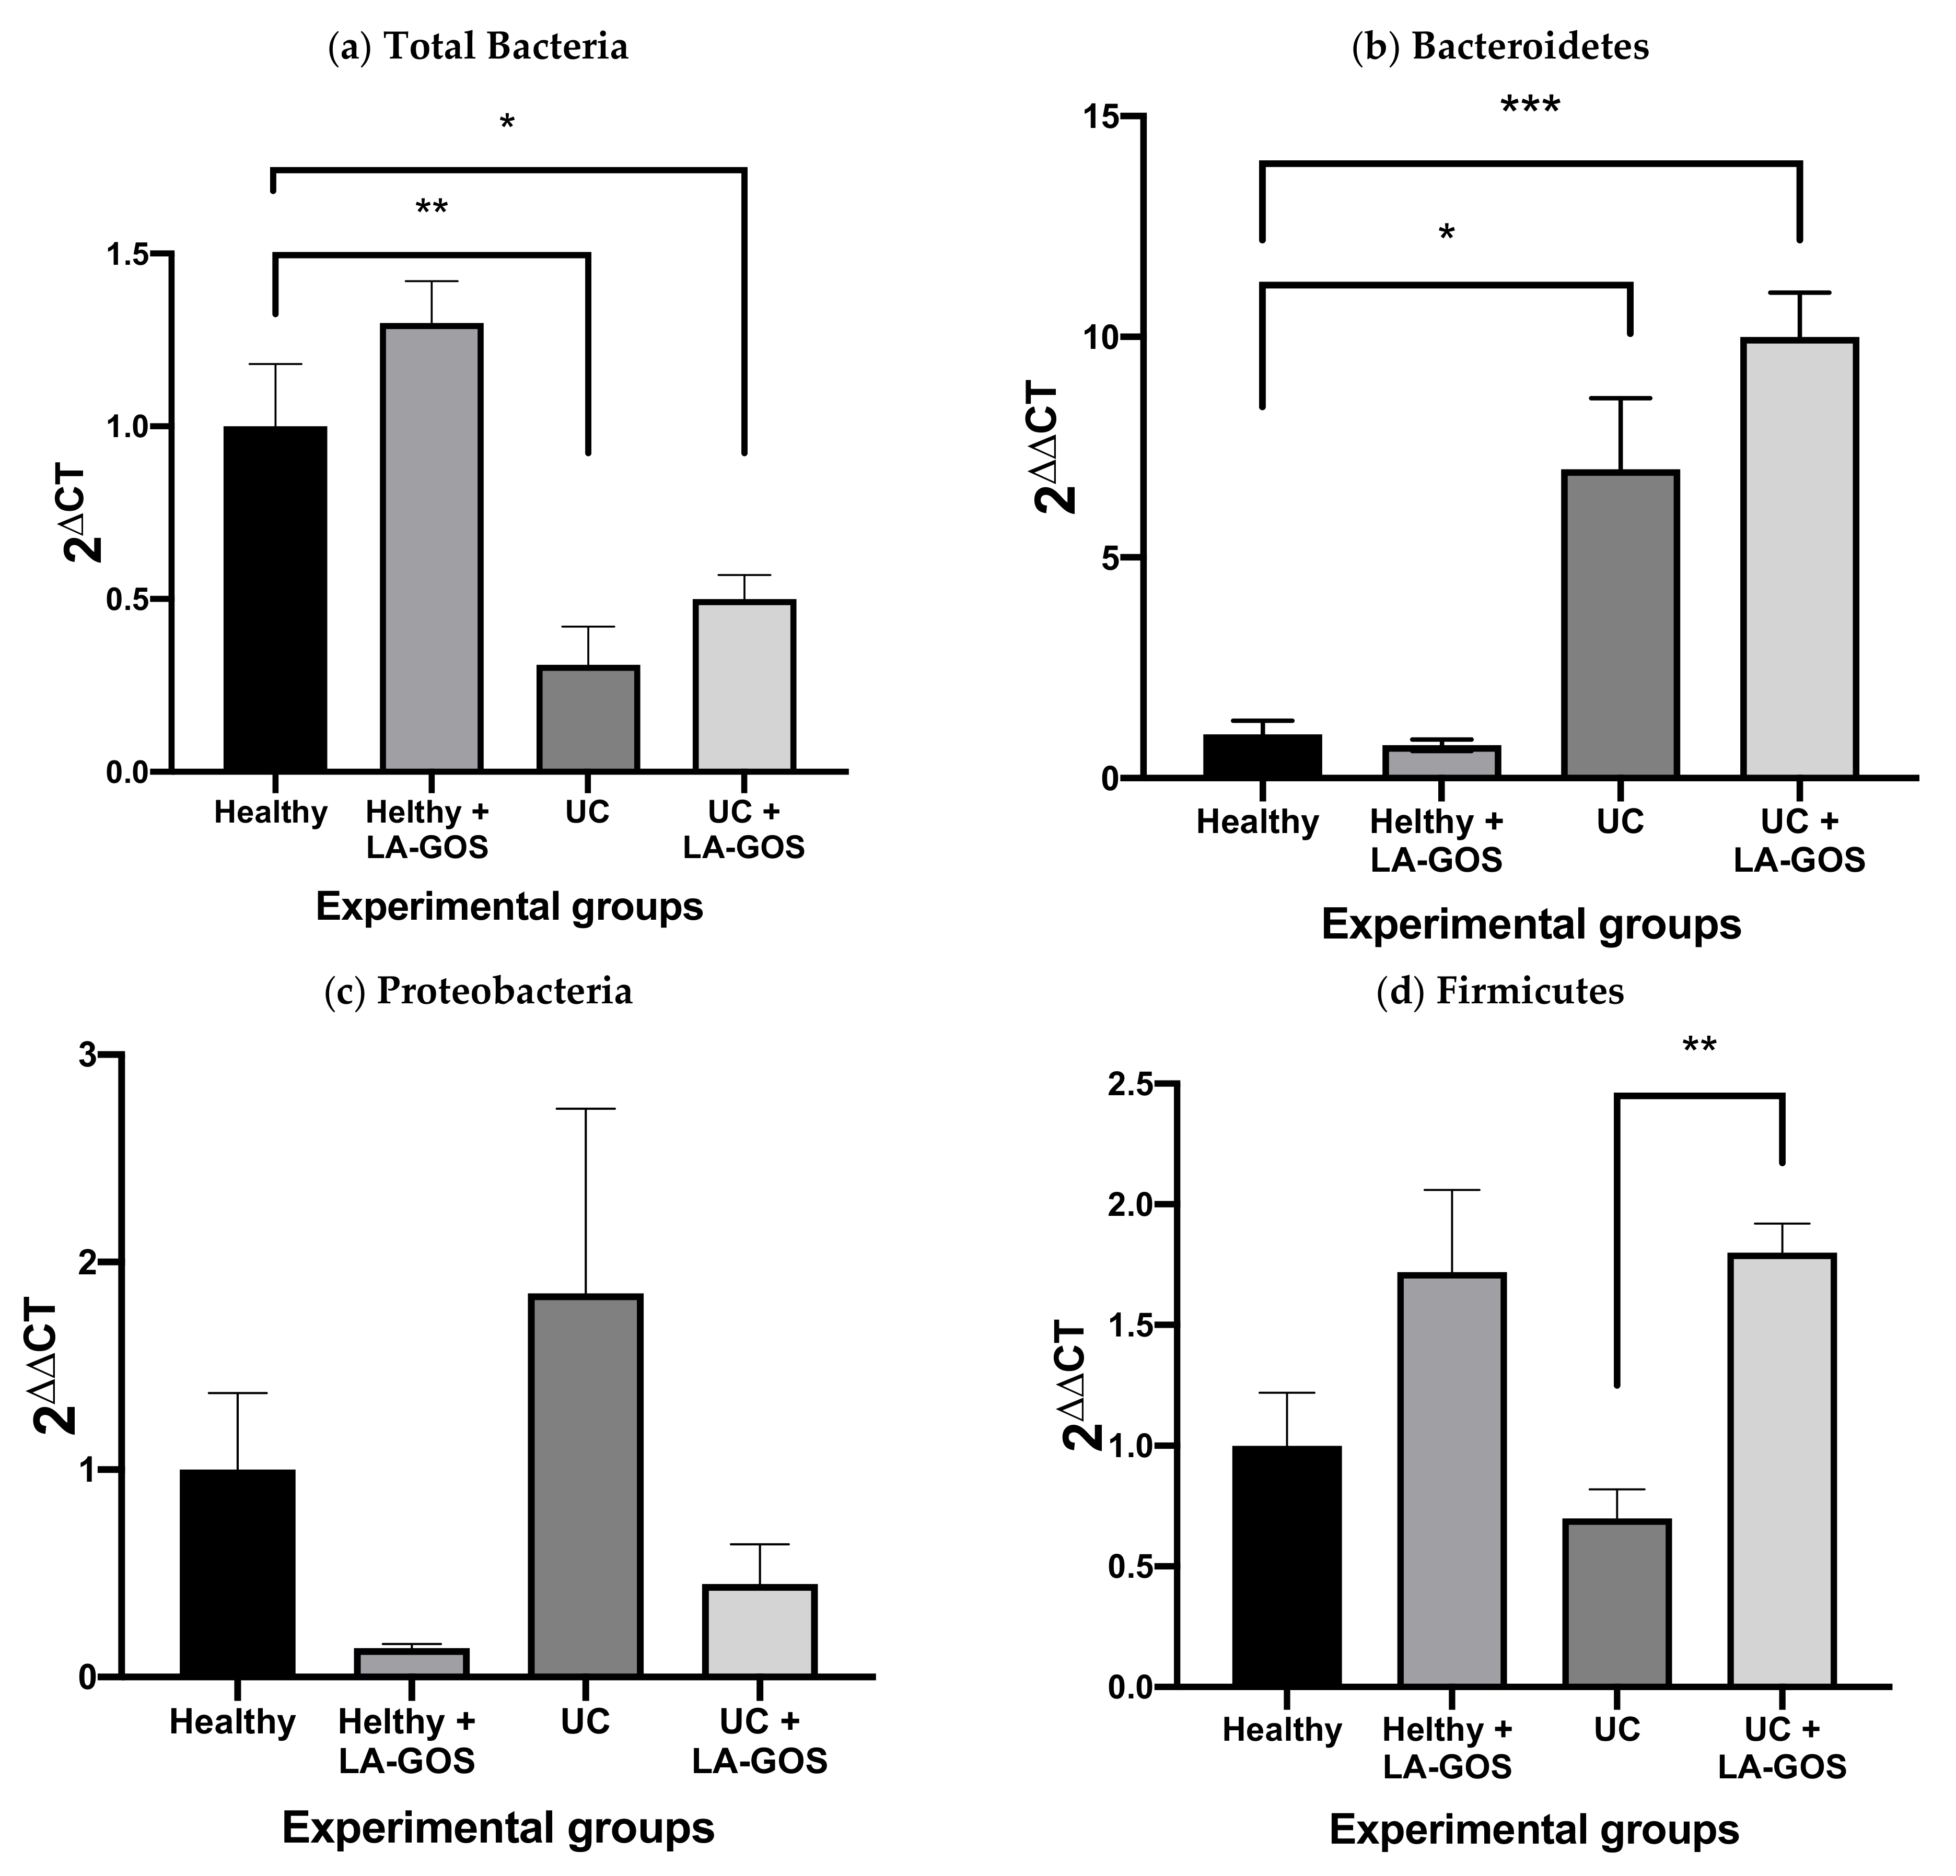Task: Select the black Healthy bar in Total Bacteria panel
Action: coord(274,599)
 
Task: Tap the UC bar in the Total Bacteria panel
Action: coord(588,719)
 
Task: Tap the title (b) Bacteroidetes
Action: coord(1500,47)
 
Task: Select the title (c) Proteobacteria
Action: coord(479,991)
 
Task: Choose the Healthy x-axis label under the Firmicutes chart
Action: coord(1282,1729)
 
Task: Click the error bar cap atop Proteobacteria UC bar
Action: coord(585,1109)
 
